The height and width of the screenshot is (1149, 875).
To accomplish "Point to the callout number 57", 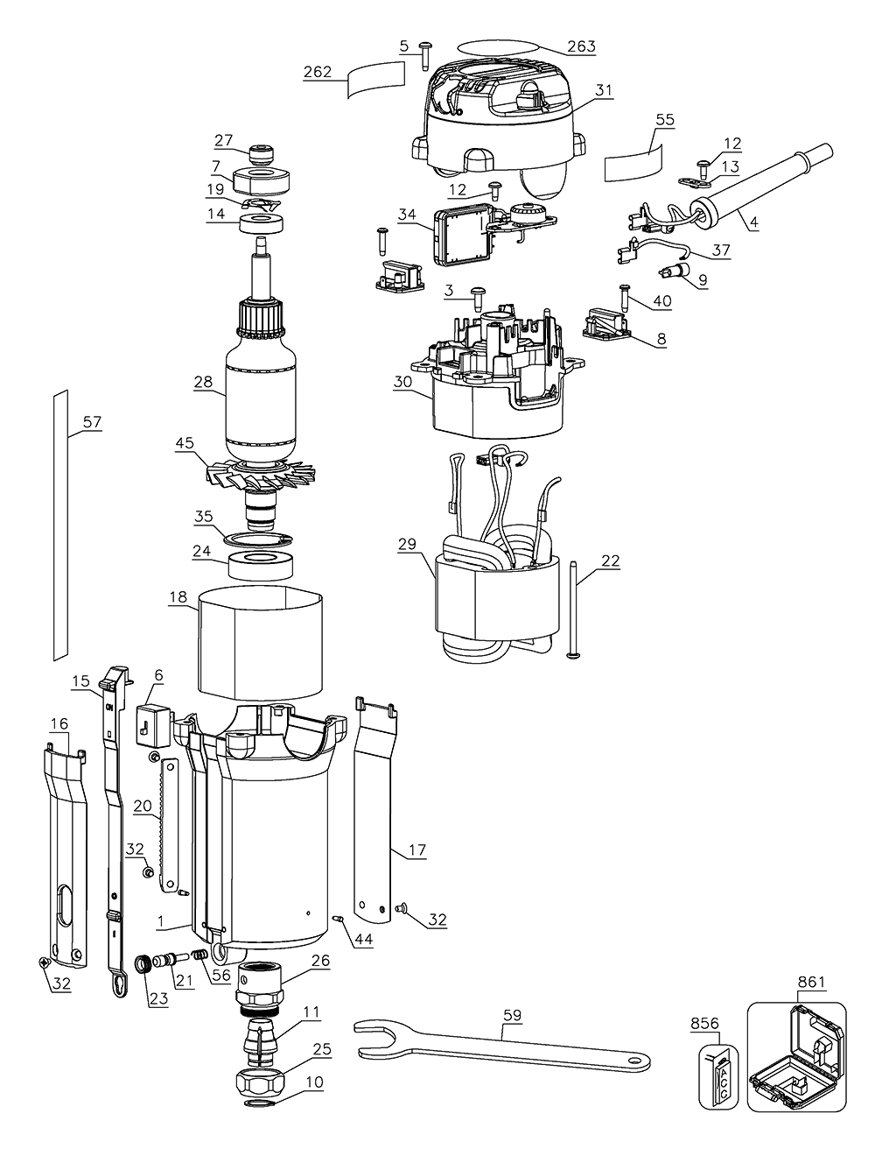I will click(x=92, y=423).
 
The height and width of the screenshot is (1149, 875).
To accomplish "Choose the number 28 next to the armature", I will click(x=205, y=382).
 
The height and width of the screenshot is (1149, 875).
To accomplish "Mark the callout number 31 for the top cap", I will click(x=605, y=89).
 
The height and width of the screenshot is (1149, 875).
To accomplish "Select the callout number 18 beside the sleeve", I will click(x=178, y=596).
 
